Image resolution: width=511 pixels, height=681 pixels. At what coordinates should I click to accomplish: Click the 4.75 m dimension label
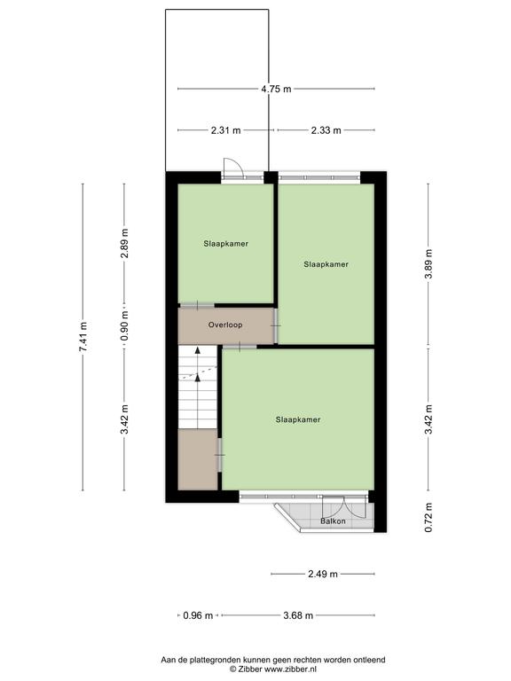point(276,89)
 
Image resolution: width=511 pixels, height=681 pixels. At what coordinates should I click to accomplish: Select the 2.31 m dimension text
point(225,130)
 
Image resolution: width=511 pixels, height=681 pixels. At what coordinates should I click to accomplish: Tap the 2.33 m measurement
point(326,130)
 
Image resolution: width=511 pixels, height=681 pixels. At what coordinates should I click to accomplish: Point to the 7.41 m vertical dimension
point(83,337)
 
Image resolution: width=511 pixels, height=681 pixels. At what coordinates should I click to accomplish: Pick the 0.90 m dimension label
point(125,325)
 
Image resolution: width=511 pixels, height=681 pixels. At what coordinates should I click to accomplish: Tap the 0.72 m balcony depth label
point(428,518)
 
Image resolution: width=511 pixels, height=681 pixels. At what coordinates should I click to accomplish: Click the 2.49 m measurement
point(323,575)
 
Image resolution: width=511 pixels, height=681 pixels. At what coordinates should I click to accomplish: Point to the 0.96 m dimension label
point(198,615)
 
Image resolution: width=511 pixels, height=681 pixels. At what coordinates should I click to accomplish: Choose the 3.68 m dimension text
point(298,615)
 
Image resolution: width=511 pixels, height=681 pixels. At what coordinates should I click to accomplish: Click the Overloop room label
point(225,325)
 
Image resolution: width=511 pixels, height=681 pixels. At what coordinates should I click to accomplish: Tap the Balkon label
point(333,521)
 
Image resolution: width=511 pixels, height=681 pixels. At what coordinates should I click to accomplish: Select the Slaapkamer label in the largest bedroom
point(298,419)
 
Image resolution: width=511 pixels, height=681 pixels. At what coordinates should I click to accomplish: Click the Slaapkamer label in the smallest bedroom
point(226,244)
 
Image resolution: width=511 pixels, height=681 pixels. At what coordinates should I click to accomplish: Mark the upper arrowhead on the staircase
point(198,350)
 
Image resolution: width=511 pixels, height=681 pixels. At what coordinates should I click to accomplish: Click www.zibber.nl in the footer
point(290,669)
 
